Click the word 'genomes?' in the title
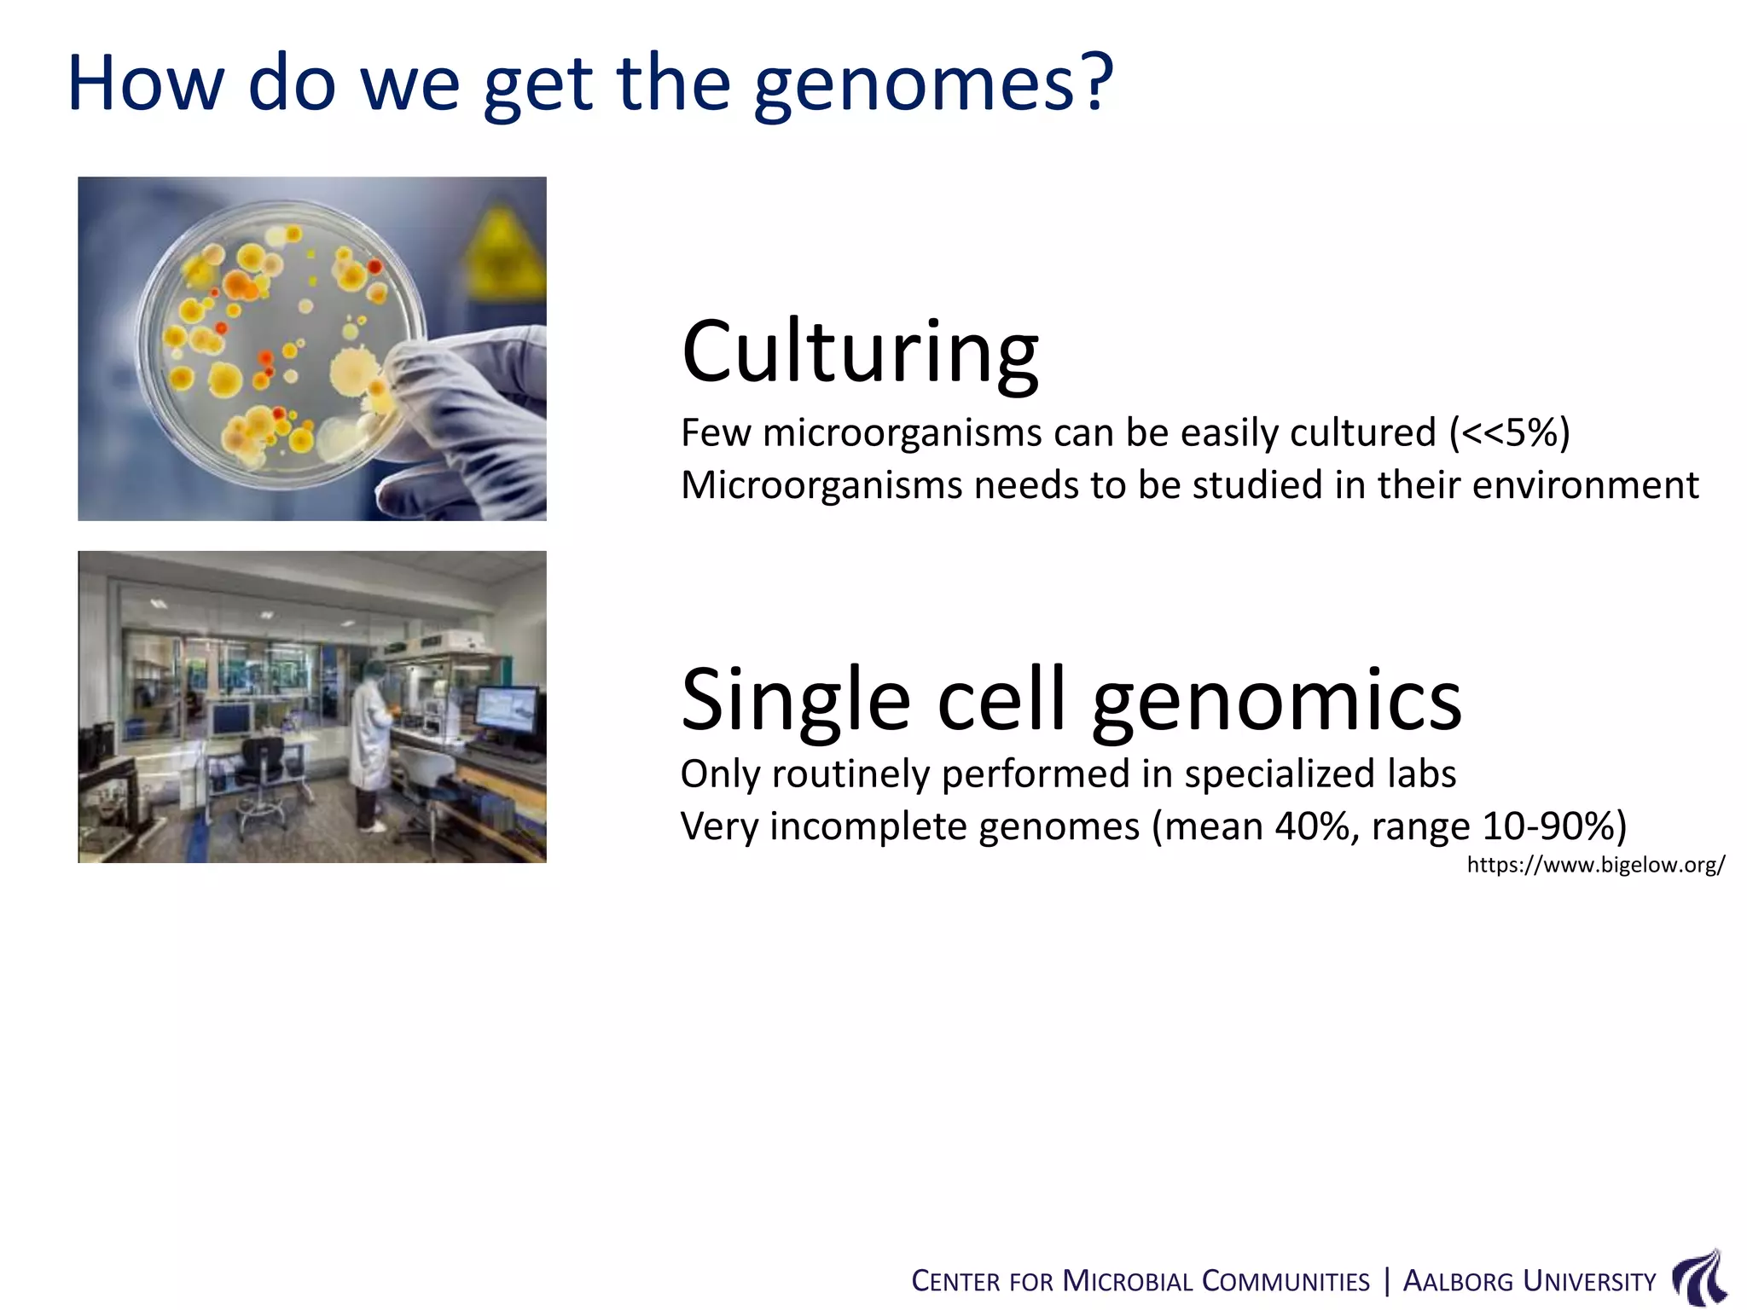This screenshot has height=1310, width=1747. click(x=934, y=85)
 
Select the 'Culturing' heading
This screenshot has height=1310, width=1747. click(x=860, y=351)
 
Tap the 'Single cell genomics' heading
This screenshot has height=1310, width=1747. click(x=1071, y=699)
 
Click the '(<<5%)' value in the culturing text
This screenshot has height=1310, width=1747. click(x=1509, y=433)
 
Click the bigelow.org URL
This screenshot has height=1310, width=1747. click(x=1595, y=865)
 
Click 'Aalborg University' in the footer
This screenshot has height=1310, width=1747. click(x=1529, y=1282)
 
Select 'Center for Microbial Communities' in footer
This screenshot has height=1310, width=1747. click(x=1140, y=1282)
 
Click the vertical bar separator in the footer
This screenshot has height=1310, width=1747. click(x=1386, y=1281)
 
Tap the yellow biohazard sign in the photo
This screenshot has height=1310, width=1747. click(x=503, y=247)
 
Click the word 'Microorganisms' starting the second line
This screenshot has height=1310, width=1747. click(x=821, y=485)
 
